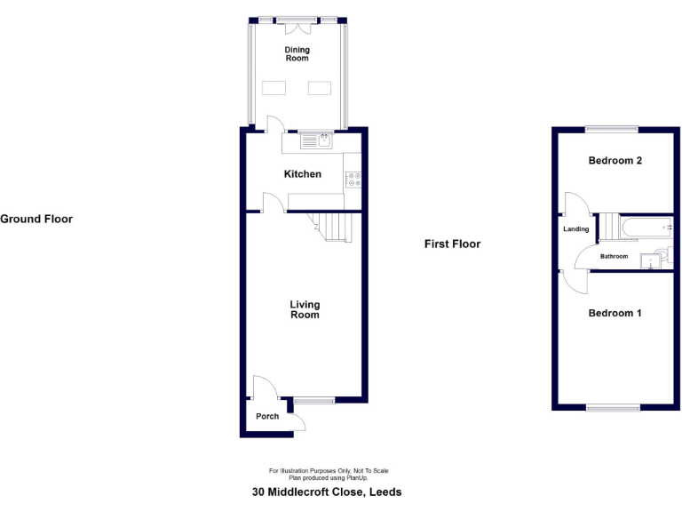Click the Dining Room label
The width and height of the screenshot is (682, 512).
point(297,53)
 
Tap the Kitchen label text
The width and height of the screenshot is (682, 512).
point(302,174)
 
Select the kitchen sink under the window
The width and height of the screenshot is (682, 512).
point(314,140)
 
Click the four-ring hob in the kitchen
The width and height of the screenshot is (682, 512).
point(353,179)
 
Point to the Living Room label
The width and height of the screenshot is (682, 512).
point(305,309)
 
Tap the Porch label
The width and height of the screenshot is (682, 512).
point(267,416)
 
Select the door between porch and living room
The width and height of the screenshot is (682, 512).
point(264,388)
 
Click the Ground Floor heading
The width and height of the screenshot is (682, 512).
point(36,219)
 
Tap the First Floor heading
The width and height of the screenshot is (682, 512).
point(452,244)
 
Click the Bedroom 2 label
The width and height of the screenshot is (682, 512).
point(615,161)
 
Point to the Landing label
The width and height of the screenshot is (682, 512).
point(575,229)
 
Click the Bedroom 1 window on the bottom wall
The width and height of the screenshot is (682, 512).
point(613,408)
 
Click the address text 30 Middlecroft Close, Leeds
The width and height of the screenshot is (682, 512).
point(326,492)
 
